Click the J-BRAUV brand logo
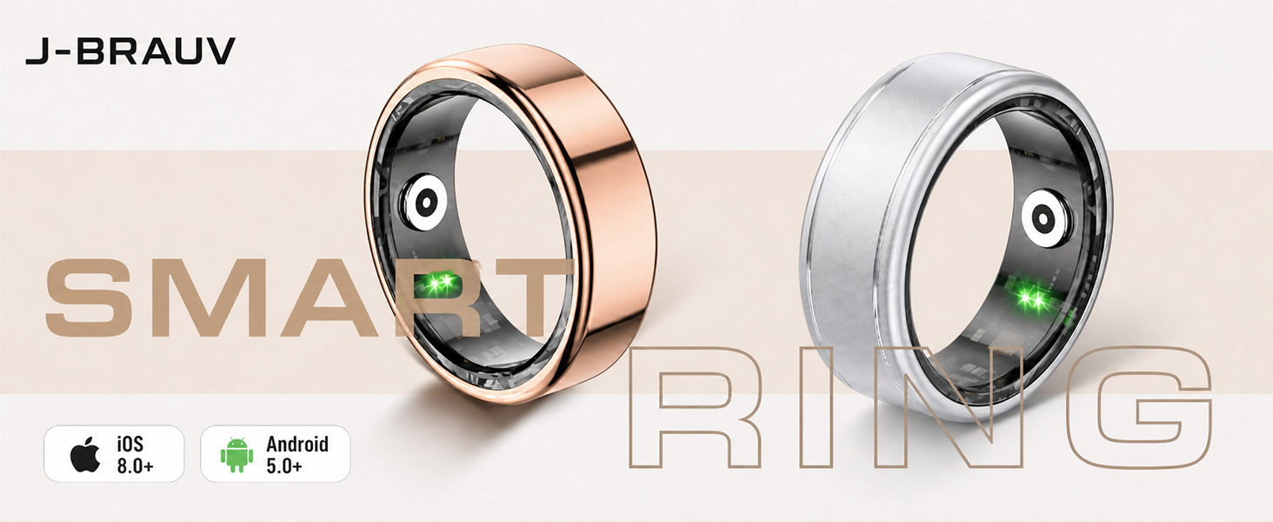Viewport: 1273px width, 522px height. click(130, 50)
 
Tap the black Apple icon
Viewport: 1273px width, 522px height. click(85, 455)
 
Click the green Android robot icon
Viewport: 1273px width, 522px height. click(237, 455)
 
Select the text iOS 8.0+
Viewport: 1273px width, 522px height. click(135, 455)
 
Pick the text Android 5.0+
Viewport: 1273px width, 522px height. click(297, 455)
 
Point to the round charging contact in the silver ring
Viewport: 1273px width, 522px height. click(1044, 218)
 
